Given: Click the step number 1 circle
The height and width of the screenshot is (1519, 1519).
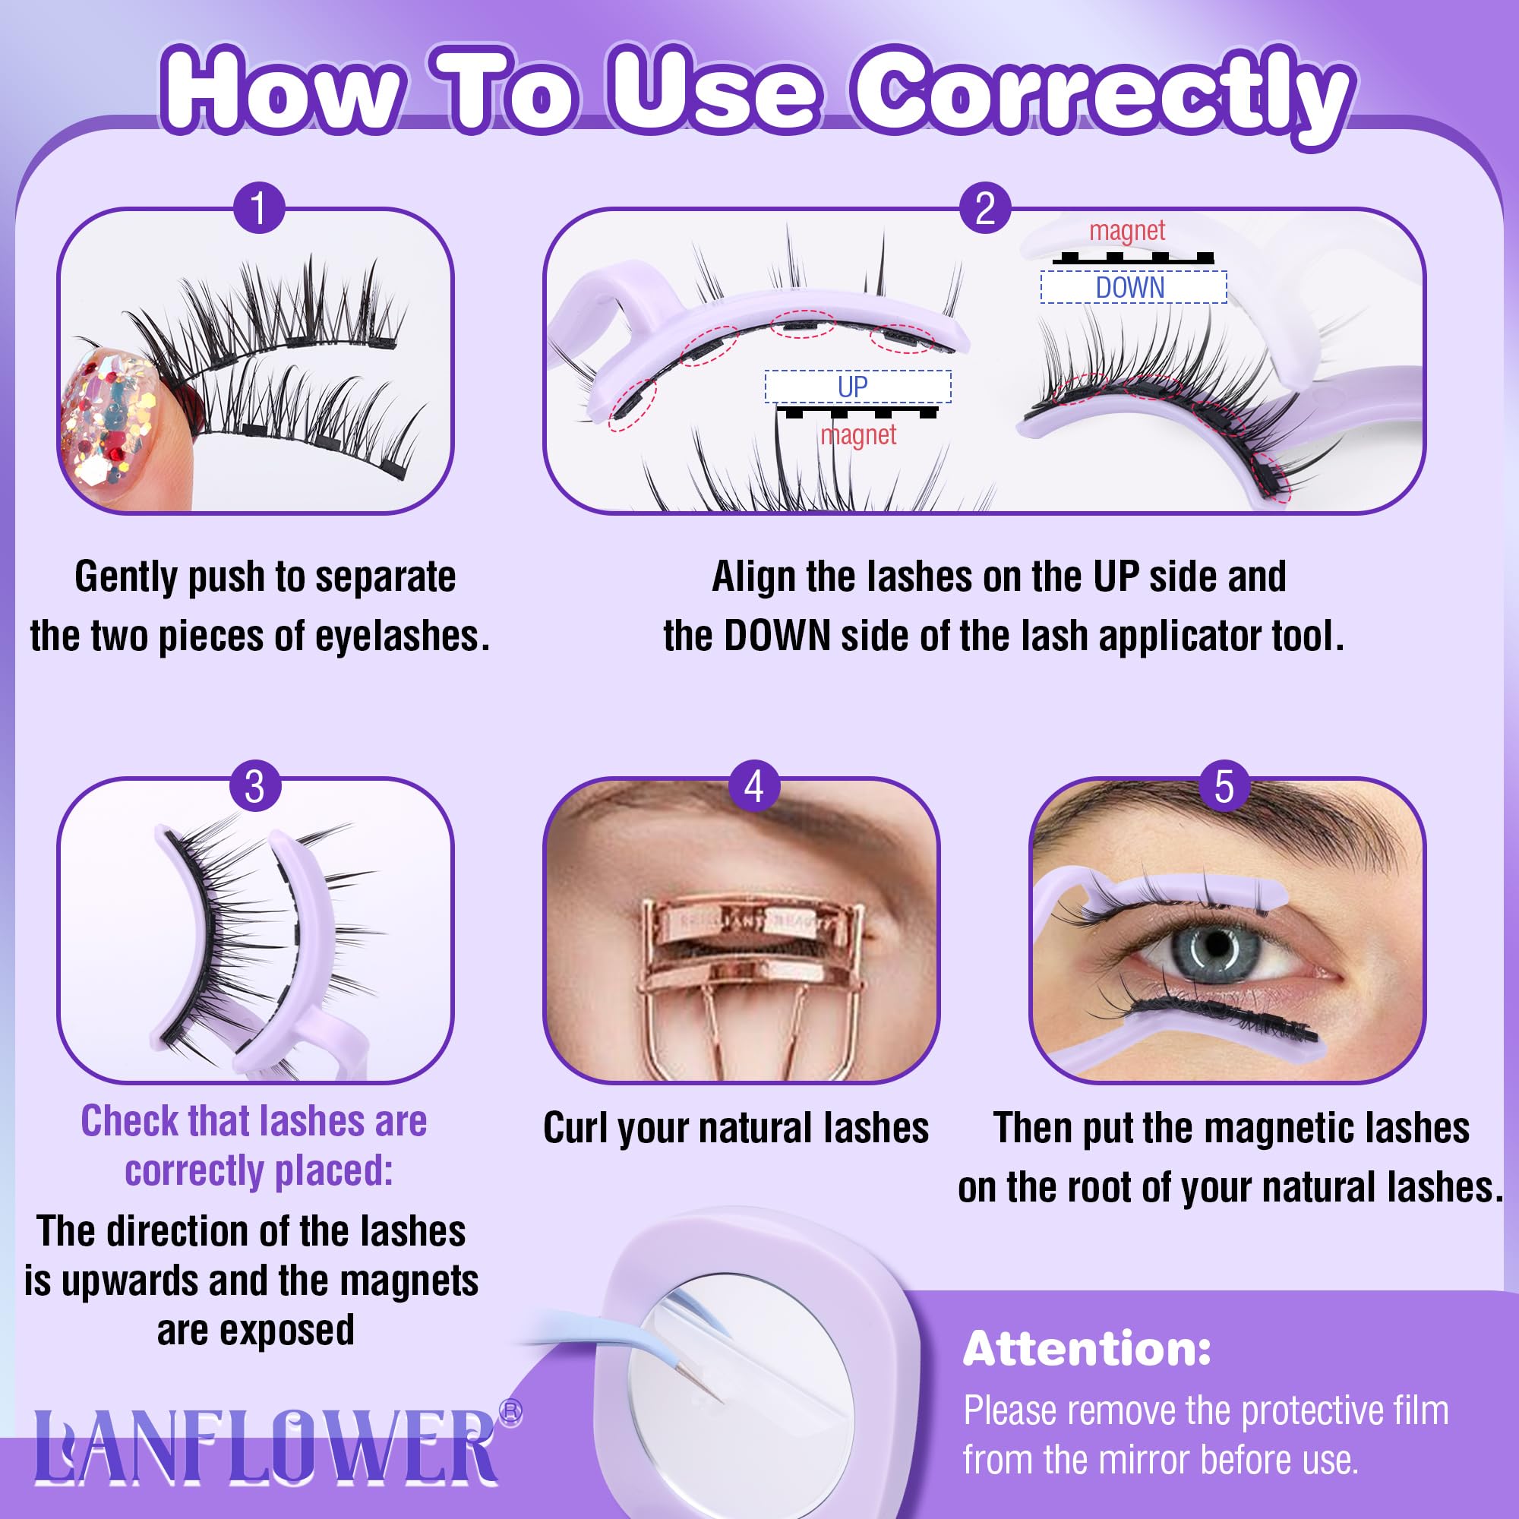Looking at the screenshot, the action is (259, 207).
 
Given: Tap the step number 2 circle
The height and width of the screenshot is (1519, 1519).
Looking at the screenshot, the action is (985, 208).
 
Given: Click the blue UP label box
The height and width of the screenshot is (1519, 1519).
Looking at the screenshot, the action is (857, 386).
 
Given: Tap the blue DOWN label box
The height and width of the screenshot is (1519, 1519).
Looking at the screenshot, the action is (1133, 287).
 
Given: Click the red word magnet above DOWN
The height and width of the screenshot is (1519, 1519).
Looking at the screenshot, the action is (1126, 230).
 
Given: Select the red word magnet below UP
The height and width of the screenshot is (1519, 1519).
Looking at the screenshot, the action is (857, 434).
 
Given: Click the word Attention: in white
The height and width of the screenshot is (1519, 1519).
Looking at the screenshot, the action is (1087, 1348).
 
